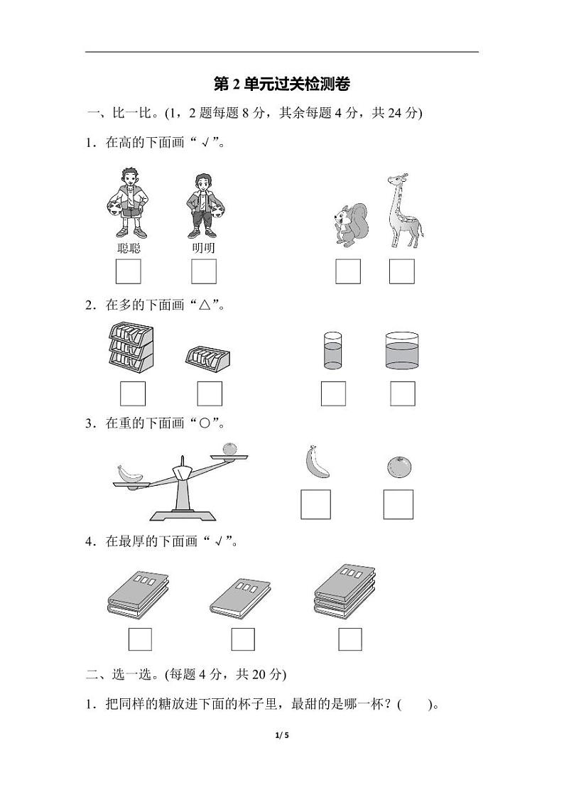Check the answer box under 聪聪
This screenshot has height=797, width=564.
click(x=128, y=271)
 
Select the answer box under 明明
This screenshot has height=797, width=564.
click(x=204, y=271)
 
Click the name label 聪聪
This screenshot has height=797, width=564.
click(x=128, y=248)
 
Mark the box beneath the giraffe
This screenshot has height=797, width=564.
click(x=402, y=271)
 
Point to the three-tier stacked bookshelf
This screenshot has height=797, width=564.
click(x=131, y=346)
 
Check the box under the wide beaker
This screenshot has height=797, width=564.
click(x=402, y=394)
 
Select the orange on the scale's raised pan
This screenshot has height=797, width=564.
click(x=228, y=450)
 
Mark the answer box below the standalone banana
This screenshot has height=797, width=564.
click(x=315, y=504)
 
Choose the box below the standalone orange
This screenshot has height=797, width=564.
click(x=398, y=504)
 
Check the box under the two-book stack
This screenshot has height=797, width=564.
click(x=140, y=639)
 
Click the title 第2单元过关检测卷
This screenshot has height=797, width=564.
click(x=282, y=85)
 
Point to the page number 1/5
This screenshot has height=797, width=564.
click(x=282, y=735)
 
